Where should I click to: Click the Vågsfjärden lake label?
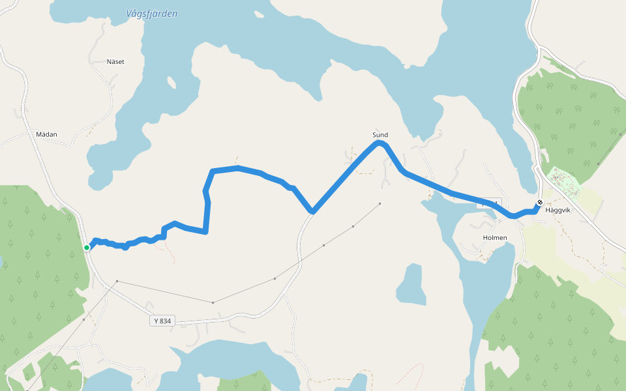153,14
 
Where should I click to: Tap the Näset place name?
115,62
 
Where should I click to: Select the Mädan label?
47,134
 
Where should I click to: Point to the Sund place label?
380,135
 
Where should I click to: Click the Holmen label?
495,238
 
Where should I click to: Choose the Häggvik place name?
558,210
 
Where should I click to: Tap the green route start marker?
87,248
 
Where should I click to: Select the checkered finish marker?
540,202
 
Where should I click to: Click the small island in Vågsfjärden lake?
171,83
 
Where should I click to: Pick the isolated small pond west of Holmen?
411,284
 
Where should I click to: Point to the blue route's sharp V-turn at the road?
313,211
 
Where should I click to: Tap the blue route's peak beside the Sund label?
378,143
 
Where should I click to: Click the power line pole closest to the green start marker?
117,281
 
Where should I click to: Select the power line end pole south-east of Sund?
380,203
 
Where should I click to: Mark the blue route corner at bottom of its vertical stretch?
205,231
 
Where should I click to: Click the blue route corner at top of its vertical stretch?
213,171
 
